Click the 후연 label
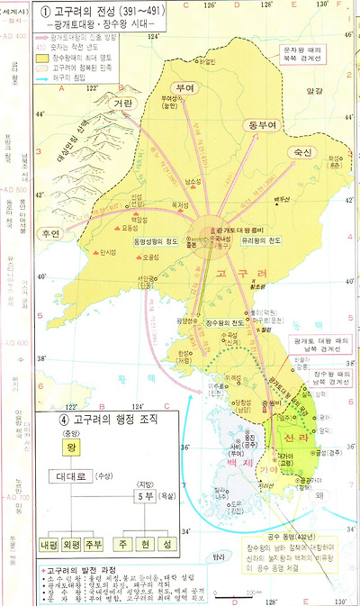click(51, 232)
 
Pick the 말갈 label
click(313, 90)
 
